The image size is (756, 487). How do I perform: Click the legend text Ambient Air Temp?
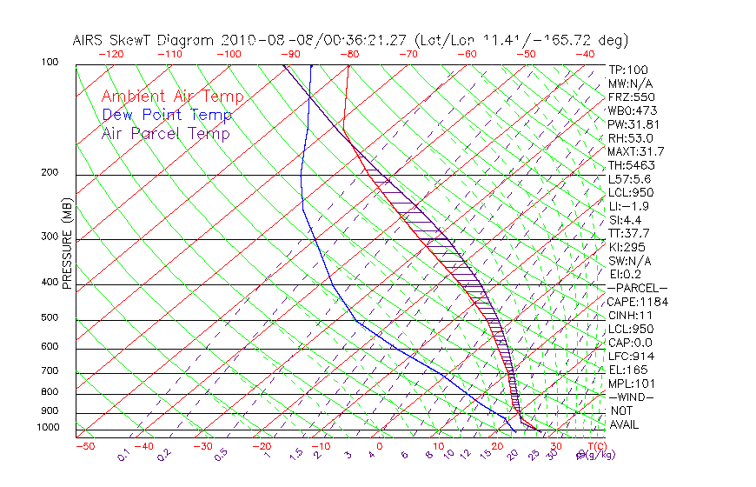[172, 97]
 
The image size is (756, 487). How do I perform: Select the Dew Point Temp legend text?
[166, 115]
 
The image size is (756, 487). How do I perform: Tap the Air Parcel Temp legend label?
[165, 133]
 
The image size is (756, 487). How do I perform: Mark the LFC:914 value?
[631, 356]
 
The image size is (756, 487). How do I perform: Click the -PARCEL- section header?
[637, 288]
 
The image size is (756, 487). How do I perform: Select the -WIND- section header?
[632, 397]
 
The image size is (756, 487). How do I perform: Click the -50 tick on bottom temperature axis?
[84, 446]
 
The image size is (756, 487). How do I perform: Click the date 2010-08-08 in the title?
[261, 40]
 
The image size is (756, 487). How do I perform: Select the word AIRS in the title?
[90, 40]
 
